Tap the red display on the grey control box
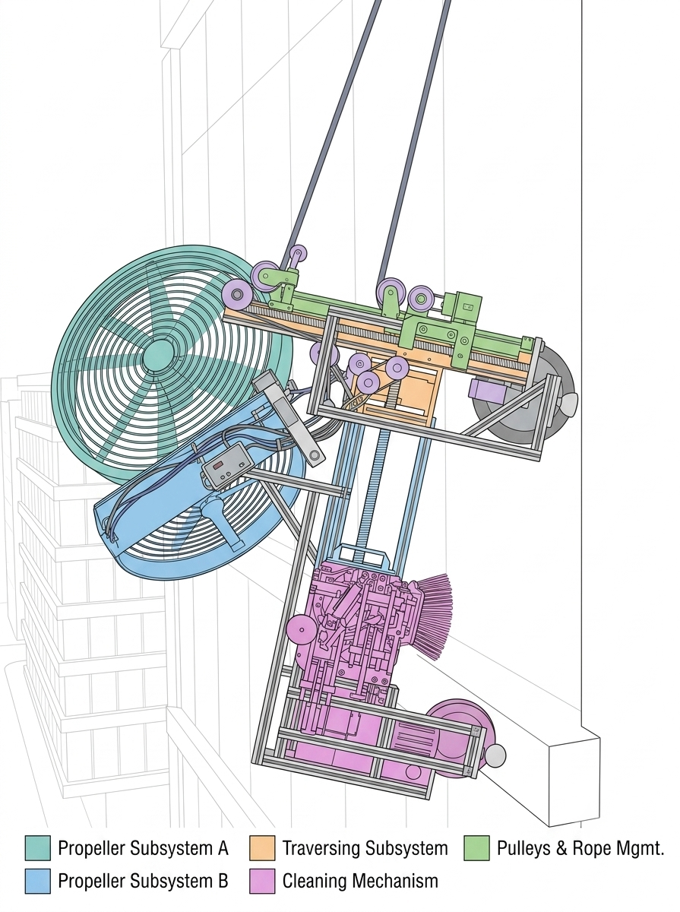click(x=219, y=466)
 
